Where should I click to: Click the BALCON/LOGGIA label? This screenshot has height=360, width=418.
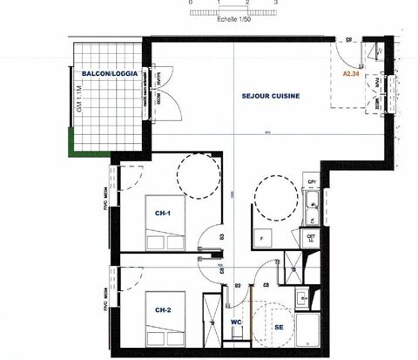pyautogui.click(x=106, y=74)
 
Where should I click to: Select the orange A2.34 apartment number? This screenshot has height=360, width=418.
pyautogui.click(x=353, y=75)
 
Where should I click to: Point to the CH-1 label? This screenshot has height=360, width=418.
pyautogui.click(x=163, y=213)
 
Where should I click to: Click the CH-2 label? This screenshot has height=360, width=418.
pyautogui.click(x=163, y=309)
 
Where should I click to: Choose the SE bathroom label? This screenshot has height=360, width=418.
pyautogui.click(x=280, y=327)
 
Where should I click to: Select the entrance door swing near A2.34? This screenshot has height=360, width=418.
pyautogui.click(x=351, y=54)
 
